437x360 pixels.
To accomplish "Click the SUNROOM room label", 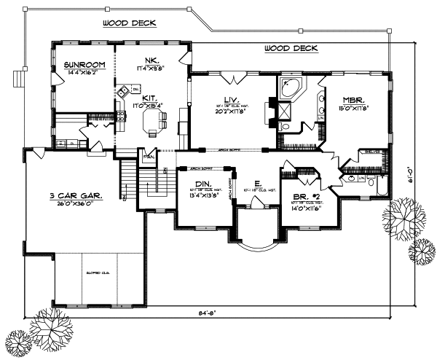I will tap(84, 65).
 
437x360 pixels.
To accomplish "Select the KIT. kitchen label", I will tap(150, 97).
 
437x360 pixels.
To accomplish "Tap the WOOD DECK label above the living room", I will tap(290, 49).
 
